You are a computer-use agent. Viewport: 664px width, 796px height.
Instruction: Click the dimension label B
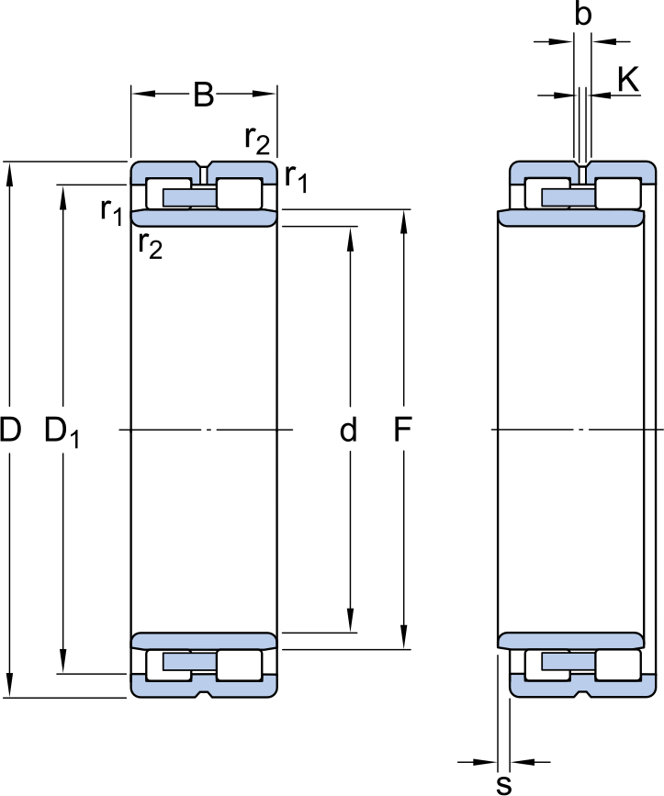click(204, 95)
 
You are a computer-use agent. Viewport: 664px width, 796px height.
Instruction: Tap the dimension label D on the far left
click(10, 430)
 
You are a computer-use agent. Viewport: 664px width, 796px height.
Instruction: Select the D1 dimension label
click(62, 432)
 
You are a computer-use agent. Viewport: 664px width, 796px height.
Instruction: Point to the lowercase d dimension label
click(348, 430)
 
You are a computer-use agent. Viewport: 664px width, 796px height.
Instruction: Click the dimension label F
click(402, 430)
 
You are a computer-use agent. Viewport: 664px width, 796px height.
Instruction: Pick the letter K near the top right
click(628, 80)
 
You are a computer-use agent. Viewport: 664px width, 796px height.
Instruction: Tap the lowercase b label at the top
click(583, 14)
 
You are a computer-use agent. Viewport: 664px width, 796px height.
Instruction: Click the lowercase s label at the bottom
click(503, 784)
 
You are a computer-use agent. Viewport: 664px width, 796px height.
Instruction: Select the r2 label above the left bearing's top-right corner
click(257, 140)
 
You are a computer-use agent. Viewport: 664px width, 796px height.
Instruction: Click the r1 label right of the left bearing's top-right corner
click(296, 178)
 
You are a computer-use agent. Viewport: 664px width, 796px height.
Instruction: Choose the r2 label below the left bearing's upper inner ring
click(151, 246)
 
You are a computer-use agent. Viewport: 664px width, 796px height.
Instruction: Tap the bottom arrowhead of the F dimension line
click(403, 639)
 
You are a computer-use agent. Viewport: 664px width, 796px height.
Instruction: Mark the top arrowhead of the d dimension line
click(350, 238)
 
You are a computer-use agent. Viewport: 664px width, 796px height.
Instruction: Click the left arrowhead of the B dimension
click(142, 94)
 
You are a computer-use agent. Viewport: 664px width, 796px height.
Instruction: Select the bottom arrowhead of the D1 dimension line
click(63, 664)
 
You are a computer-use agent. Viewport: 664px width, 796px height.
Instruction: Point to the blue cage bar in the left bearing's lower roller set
click(190, 661)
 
